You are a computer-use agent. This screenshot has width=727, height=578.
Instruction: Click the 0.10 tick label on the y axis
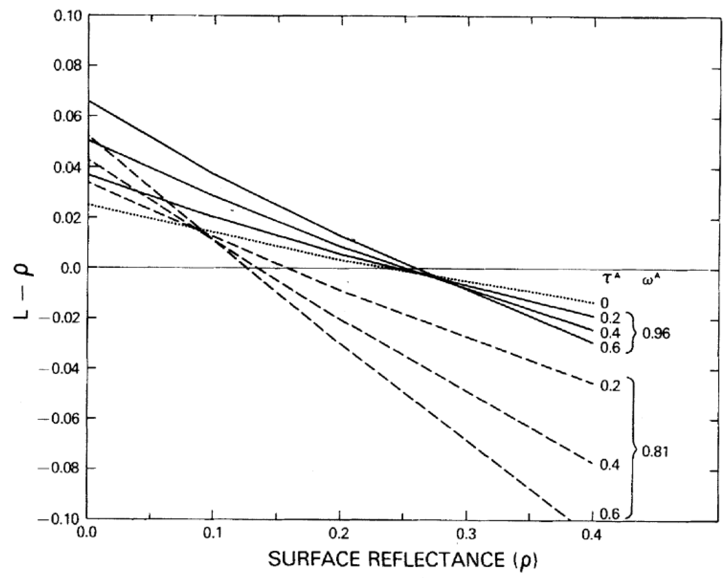pyautogui.click(x=67, y=17)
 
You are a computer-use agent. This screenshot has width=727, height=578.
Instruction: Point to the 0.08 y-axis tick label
pyautogui.click(x=67, y=66)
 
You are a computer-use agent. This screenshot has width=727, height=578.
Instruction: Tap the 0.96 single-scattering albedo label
pyautogui.click(x=656, y=334)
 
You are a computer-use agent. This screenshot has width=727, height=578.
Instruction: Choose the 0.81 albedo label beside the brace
pyautogui.click(x=655, y=451)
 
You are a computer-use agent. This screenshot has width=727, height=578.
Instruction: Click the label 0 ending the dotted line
pyautogui.click(x=605, y=303)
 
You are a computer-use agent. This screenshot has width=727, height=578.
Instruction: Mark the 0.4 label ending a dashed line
pyautogui.click(x=610, y=464)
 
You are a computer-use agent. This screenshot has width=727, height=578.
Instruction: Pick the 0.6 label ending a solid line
pyautogui.click(x=610, y=348)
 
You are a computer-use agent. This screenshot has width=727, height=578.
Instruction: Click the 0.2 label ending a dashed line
pyautogui.click(x=610, y=386)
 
